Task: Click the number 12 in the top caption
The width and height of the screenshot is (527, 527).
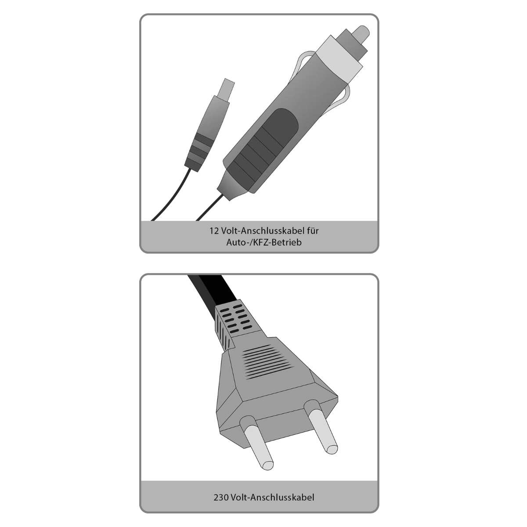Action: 213,230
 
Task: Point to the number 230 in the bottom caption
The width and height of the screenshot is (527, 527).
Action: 221,498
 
